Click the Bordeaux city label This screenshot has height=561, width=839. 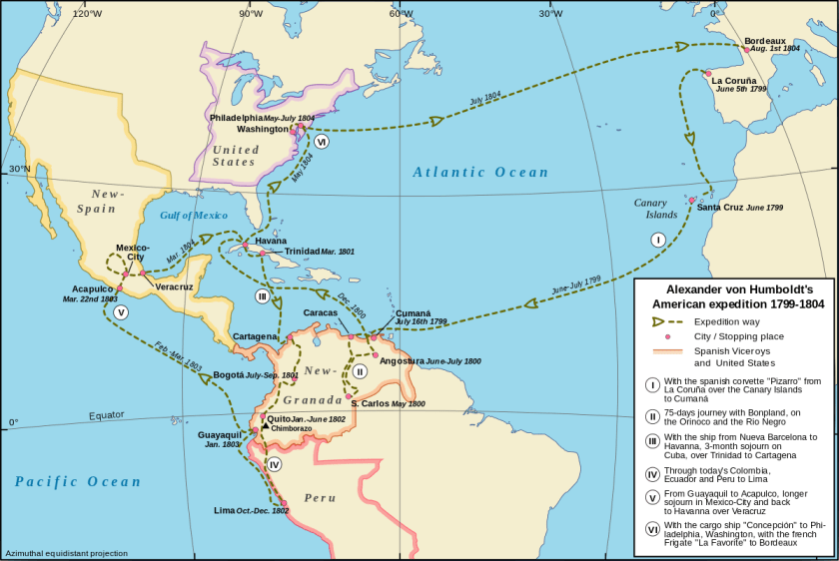[x=765, y=40]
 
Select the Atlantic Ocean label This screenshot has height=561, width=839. [x=481, y=173]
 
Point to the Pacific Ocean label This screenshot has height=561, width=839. [x=79, y=481]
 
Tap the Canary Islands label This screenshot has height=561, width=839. [x=656, y=209]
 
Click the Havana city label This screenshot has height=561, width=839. [x=271, y=241]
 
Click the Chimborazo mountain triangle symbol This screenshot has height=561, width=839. [x=264, y=427]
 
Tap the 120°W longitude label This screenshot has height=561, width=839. [x=86, y=13]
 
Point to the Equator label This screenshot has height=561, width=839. [x=107, y=414]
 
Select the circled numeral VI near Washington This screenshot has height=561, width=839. [x=321, y=142]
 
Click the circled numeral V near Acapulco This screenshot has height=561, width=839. [x=121, y=312]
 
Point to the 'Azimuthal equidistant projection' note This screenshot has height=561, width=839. [x=66, y=552]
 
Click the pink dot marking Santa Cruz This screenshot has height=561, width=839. [x=691, y=200]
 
